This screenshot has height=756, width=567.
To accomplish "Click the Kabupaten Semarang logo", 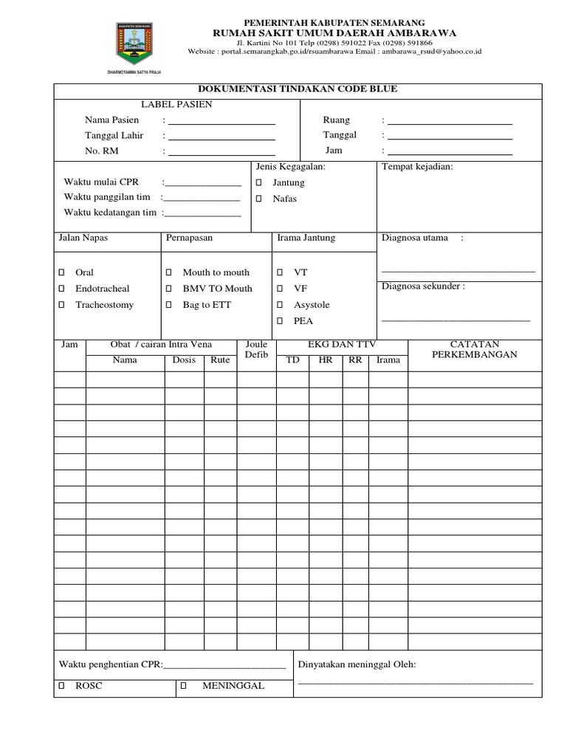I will click(134, 44).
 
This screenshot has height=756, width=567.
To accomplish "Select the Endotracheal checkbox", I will click(61, 289).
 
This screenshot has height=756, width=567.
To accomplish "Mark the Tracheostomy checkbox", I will click(61, 305).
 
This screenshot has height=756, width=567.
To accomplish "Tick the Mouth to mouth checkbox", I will click(168, 272).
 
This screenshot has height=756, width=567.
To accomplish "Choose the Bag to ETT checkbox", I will click(168, 305).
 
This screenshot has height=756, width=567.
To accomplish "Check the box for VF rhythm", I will click(280, 289).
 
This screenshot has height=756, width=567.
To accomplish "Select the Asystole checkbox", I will click(280, 305).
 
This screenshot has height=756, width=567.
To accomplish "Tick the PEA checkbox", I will click(280, 321).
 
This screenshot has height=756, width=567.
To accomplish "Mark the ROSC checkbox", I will click(61, 686).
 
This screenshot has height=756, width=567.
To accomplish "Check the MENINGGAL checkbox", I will click(183, 686).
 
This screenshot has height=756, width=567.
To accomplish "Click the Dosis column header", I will click(184, 360).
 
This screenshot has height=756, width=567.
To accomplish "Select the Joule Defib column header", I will click(256, 350).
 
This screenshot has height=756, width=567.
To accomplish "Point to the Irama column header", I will click(388, 360).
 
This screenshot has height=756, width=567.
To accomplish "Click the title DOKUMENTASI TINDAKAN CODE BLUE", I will click(298, 89).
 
